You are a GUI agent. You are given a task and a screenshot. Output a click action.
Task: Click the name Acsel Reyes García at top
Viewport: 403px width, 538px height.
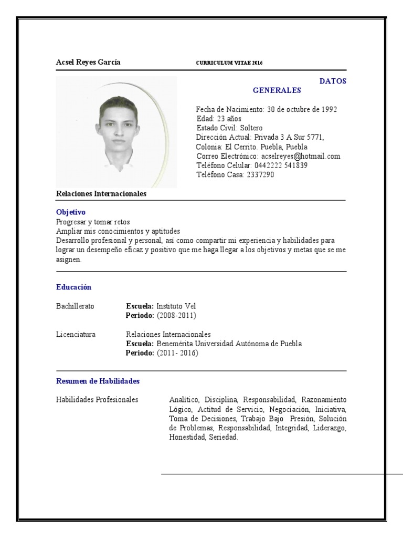(88, 63)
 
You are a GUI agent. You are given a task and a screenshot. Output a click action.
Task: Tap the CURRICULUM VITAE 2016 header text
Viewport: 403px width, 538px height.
(229, 63)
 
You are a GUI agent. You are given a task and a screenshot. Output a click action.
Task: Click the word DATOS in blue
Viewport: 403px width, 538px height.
(333, 81)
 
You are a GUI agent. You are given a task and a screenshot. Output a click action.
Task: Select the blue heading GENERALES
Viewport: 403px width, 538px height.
(277, 90)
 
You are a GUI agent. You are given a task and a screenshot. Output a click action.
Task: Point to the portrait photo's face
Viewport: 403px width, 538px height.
(119, 125)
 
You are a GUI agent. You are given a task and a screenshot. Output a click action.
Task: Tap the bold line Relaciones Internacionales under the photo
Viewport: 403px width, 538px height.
(101, 194)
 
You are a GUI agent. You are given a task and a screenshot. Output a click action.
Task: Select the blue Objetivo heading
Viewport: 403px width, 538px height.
(71, 212)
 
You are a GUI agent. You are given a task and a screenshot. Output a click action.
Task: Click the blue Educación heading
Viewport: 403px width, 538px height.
(73, 287)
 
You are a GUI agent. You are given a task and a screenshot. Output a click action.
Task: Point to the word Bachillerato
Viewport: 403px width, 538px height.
(75, 306)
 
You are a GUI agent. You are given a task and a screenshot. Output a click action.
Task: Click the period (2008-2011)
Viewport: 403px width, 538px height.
(176, 316)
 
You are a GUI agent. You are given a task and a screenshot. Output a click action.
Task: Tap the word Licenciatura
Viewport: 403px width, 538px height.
(76, 335)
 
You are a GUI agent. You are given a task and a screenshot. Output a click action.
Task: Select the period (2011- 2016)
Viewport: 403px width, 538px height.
(177, 353)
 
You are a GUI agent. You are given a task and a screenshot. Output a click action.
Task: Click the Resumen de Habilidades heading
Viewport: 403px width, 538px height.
(98, 381)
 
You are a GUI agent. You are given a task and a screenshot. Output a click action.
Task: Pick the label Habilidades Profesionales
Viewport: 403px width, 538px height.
(97, 400)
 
